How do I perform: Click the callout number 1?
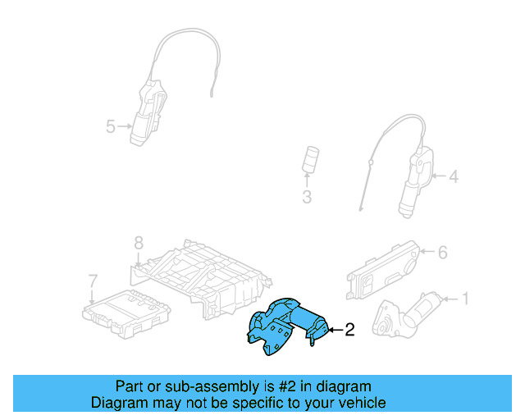[x=465, y=299]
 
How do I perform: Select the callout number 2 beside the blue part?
[x=349, y=331]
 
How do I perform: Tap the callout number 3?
[x=306, y=197]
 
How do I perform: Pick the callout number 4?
[x=453, y=176]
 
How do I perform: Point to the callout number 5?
[x=111, y=126]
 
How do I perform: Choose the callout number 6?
[x=442, y=253]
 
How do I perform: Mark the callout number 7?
[x=93, y=281]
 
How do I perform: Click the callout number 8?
[x=139, y=243]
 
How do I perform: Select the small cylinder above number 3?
[x=311, y=160]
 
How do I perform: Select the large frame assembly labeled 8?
[x=201, y=275]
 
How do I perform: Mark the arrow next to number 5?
[x=125, y=126]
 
